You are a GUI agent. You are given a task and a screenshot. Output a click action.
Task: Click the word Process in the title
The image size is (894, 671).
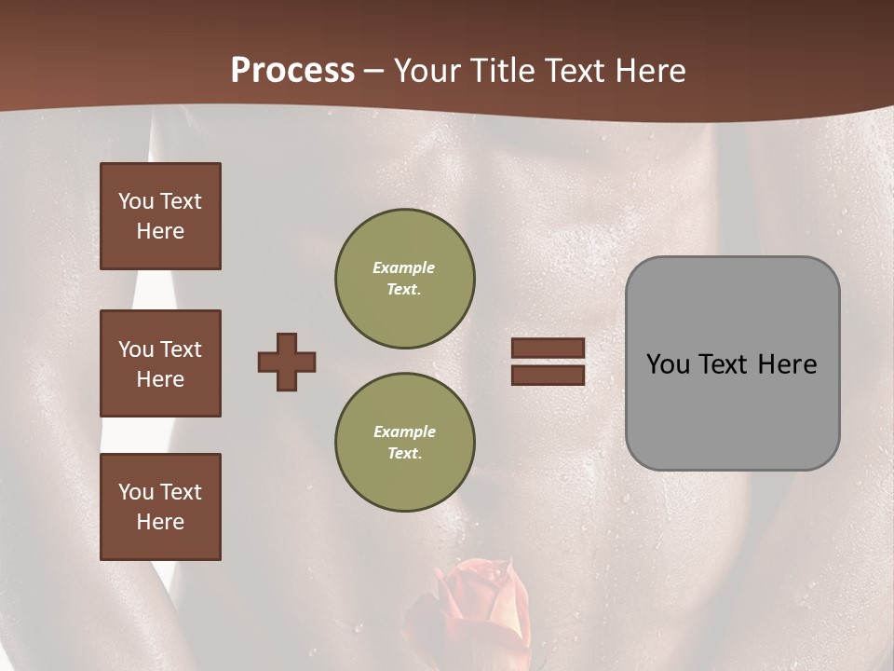pyautogui.click(x=292, y=71)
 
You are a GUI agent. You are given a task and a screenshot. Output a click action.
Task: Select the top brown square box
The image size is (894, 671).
pyautogui.click(x=160, y=216)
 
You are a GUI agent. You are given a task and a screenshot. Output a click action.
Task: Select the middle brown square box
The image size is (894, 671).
pyautogui.click(x=160, y=363)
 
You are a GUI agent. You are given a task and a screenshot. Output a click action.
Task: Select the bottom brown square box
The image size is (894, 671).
pyautogui.click(x=160, y=507)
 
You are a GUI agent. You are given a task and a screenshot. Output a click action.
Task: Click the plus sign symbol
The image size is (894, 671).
pyautogui.click(x=287, y=362)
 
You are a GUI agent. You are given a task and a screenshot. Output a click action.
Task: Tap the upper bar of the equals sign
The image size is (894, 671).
pyautogui.click(x=549, y=349)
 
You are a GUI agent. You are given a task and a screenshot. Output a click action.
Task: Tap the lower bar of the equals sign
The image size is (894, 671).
pyautogui.click(x=549, y=376)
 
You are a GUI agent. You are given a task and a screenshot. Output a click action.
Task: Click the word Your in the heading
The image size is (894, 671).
pyautogui.click(x=427, y=71)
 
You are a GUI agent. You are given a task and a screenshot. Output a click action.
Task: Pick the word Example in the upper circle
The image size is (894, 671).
pyautogui.click(x=404, y=267)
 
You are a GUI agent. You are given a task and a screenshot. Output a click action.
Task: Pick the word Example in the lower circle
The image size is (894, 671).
pyautogui.click(x=404, y=431)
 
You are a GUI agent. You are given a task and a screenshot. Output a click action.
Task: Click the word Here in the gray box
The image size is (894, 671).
pyautogui.click(x=787, y=363)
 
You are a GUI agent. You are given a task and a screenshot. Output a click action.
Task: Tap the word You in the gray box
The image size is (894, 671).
pyautogui.click(x=669, y=363)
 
